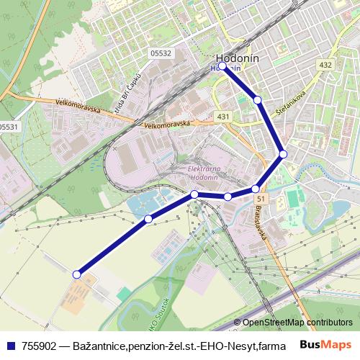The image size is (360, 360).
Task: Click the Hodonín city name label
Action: coord(237,58)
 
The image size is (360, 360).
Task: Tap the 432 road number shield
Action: coord(325,66)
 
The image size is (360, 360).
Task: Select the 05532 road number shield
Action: coord(161,53)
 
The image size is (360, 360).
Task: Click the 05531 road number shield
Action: coord(9,126)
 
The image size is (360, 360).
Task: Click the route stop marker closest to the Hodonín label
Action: coord(222,66)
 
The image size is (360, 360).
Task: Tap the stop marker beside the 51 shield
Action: coord(255,189)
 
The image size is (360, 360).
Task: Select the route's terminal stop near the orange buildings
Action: coord(77,274)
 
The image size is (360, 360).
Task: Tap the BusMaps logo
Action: coord(325,343)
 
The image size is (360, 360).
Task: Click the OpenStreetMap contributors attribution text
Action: coord(297,323)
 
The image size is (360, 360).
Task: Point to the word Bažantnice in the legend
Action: coord(97,344)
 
